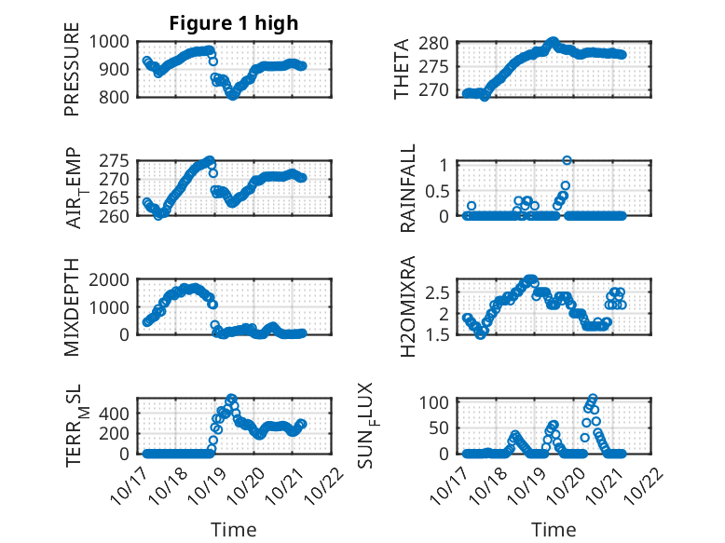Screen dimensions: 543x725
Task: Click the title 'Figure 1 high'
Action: [233, 23]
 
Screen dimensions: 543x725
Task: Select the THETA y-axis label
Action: [402, 70]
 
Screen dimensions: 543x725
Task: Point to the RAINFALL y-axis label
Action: [407, 190]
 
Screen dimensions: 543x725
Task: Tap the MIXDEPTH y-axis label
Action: [73, 308]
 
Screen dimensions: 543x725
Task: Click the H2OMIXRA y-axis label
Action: [407, 308]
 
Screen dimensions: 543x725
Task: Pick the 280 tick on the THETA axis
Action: [442, 43]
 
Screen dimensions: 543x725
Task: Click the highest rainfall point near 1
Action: [567, 160]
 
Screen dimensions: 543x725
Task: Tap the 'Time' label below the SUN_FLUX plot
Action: [554, 530]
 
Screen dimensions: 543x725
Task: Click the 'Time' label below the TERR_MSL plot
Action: [233, 530]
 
